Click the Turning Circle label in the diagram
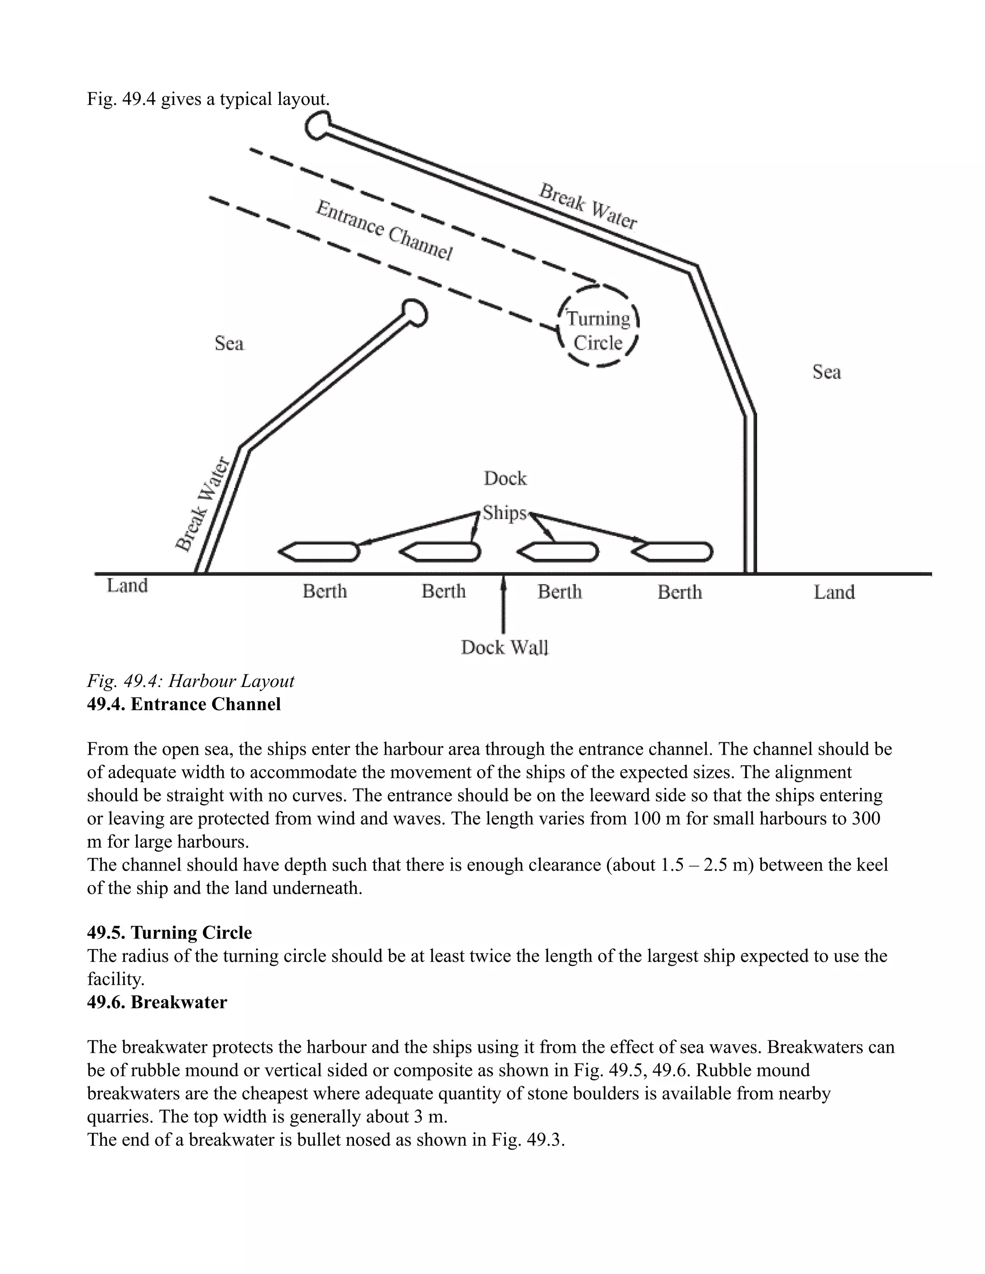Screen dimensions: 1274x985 click(x=598, y=330)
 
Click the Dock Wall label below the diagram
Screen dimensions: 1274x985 click(x=505, y=647)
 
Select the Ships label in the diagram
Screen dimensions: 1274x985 click(x=504, y=513)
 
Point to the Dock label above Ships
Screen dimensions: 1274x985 click(x=505, y=479)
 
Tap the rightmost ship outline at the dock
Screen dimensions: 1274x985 click(x=673, y=551)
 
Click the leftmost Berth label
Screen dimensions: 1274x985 click(x=325, y=591)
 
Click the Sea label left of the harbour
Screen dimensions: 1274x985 click(x=229, y=343)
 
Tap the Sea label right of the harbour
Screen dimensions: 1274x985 click(x=826, y=372)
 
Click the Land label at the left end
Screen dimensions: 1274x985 click(x=127, y=585)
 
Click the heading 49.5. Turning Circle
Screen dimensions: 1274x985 click(x=169, y=932)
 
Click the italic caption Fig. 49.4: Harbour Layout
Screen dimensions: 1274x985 click(x=190, y=681)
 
